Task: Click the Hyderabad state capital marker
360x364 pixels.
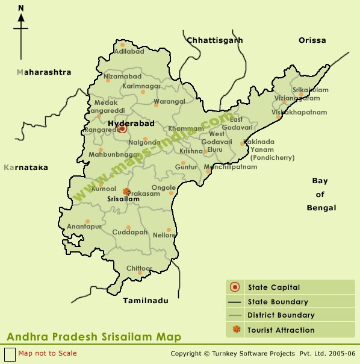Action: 123,128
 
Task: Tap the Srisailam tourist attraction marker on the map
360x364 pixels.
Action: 126,192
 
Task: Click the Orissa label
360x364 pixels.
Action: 312,40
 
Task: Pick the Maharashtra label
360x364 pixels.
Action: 44,72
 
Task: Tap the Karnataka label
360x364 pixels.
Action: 25,168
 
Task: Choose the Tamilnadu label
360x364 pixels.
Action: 146,300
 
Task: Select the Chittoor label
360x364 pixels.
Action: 139,268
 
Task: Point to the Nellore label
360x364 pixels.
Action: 164,235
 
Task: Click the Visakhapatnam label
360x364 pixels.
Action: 299,113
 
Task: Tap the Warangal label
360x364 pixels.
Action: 169,102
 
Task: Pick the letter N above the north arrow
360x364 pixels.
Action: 21,8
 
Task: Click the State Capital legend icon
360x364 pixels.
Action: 235,287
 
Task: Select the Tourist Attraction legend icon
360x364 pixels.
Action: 235,329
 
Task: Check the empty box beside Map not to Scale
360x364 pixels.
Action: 10,354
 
